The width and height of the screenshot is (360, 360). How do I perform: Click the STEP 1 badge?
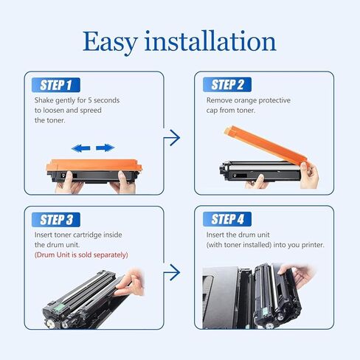click(56, 85)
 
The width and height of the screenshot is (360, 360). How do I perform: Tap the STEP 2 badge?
click(227, 85)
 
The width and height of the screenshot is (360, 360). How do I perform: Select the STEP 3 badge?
click(56, 220)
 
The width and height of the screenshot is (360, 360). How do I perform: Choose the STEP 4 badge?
click(227, 219)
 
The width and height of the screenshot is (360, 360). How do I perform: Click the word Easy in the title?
click(110, 42)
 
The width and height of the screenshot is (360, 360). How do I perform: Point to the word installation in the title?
click(210, 41)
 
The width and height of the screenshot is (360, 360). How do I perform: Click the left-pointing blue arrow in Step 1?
click(80, 148)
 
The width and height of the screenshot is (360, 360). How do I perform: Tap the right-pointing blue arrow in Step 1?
click(105, 148)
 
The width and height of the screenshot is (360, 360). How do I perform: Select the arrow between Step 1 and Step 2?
click(172, 138)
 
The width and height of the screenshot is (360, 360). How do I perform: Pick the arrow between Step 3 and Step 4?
click(172, 272)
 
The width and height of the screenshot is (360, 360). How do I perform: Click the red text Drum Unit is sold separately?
click(81, 255)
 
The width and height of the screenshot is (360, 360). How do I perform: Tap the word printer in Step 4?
click(313, 245)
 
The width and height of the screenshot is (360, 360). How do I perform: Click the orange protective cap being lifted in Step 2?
click(266, 145)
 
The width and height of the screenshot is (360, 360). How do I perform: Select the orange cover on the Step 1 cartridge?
click(94, 165)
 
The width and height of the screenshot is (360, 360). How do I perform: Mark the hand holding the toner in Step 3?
click(130, 283)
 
